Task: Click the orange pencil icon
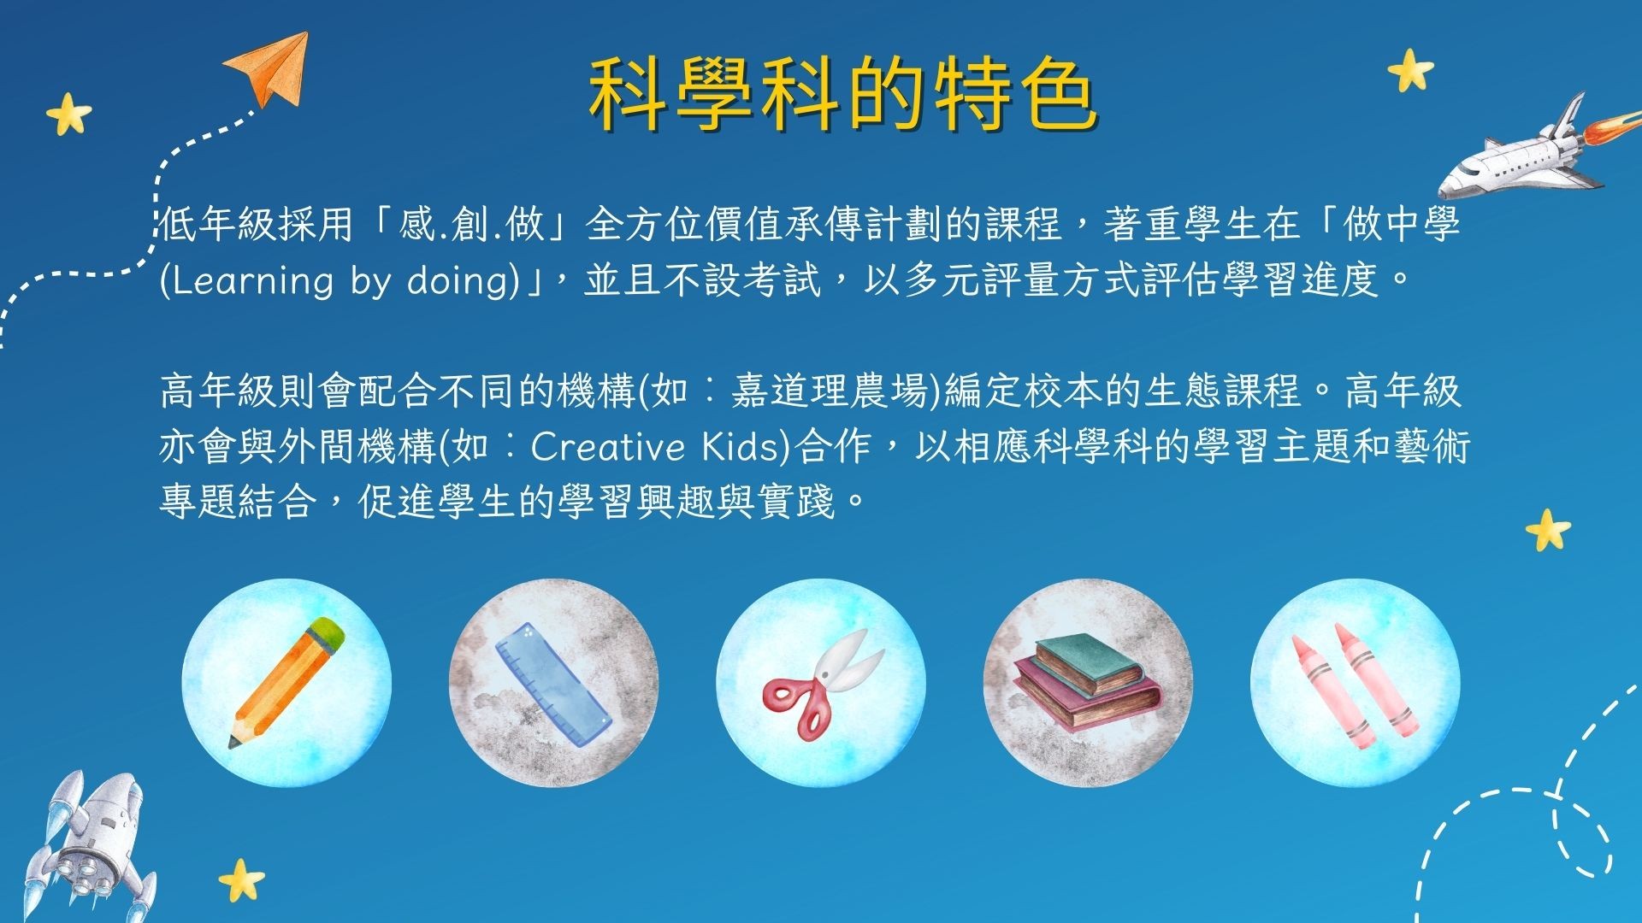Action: (x=286, y=682)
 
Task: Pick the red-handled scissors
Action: (x=823, y=684)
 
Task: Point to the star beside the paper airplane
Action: (x=68, y=114)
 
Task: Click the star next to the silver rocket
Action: (x=241, y=880)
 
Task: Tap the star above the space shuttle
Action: (x=1410, y=70)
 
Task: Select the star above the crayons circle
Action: (x=1548, y=530)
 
